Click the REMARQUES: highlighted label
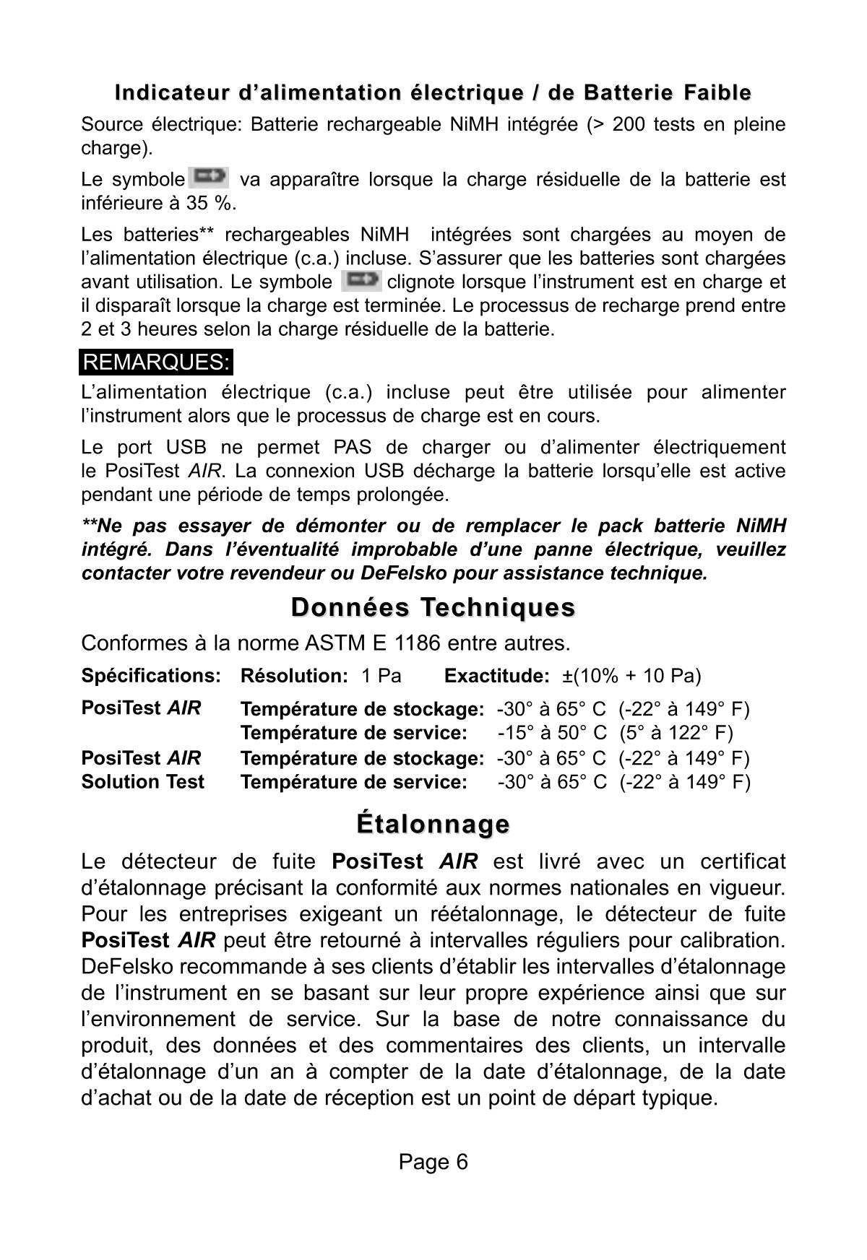[156, 362]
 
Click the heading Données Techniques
[433, 607]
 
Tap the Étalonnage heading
[433, 823]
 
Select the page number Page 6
[433, 1162]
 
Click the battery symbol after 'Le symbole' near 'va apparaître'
[209, 176]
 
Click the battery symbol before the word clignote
[361, 279]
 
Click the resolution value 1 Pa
[381, 676]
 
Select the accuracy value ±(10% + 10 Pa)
[631, 676]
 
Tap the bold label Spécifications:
[150, 676]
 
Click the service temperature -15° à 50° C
[552, 733]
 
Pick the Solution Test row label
[143, 782]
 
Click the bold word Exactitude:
[497, 676]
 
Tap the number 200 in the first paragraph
[627, 125]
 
